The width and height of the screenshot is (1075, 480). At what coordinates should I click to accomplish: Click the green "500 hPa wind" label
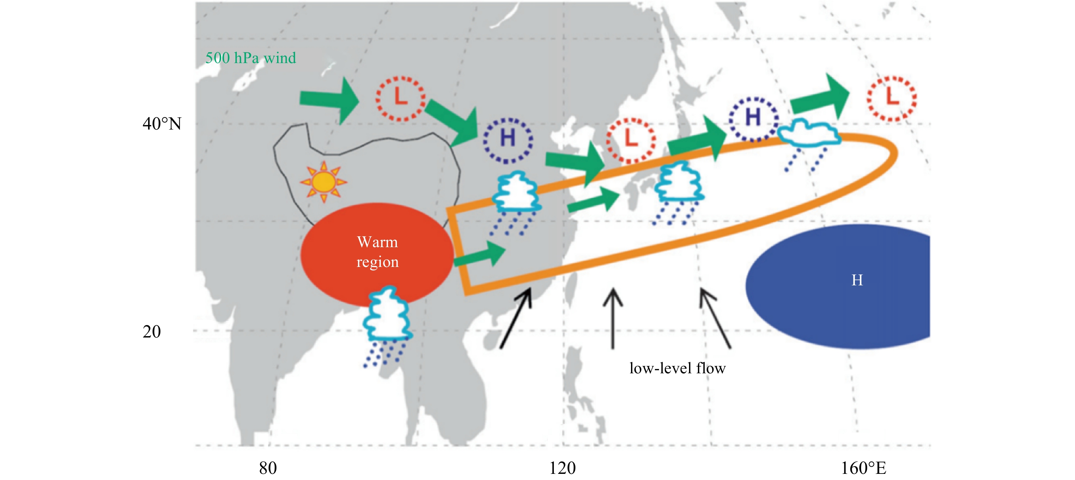coord(250,58)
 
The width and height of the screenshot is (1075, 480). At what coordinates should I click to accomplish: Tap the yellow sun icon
coord(324,182)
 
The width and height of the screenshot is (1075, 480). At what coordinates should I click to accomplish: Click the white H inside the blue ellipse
coord(857,280)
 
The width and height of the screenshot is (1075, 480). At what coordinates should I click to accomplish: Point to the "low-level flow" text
coord(677,368)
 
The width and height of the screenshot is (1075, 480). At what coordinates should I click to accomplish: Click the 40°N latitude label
coord(162,123)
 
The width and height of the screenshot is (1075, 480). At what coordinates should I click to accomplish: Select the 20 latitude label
coord(152,332)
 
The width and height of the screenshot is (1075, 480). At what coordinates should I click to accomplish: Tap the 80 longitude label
coord(268,468)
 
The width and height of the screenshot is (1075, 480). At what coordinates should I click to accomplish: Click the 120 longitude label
coord(562,468)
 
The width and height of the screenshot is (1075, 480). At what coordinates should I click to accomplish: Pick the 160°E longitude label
coord(863,468)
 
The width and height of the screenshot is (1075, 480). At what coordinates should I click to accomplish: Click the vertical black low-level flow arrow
coord(613,319)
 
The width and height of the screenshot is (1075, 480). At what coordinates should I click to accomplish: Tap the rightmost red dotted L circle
coord(892,99)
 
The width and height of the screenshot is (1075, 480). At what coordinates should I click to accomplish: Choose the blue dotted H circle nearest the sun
coord(508,140)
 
